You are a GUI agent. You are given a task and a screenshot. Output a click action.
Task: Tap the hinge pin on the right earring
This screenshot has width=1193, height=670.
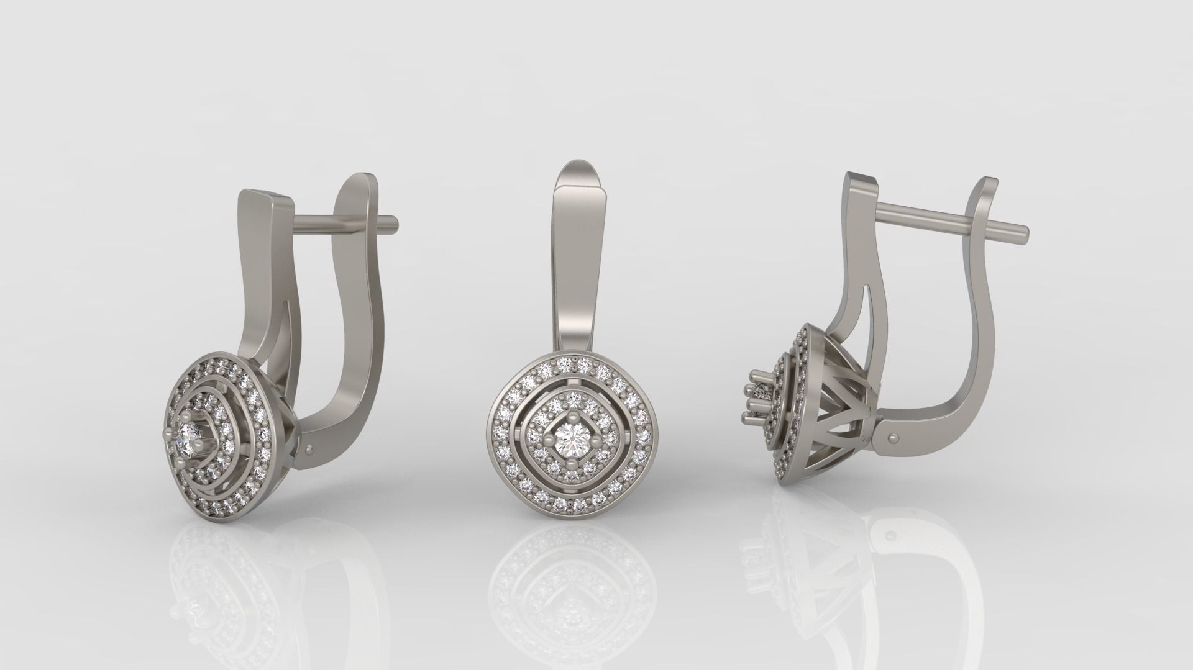(x=893, y=437)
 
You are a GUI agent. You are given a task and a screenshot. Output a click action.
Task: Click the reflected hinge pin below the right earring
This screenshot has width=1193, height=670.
(x=893, y=534)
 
